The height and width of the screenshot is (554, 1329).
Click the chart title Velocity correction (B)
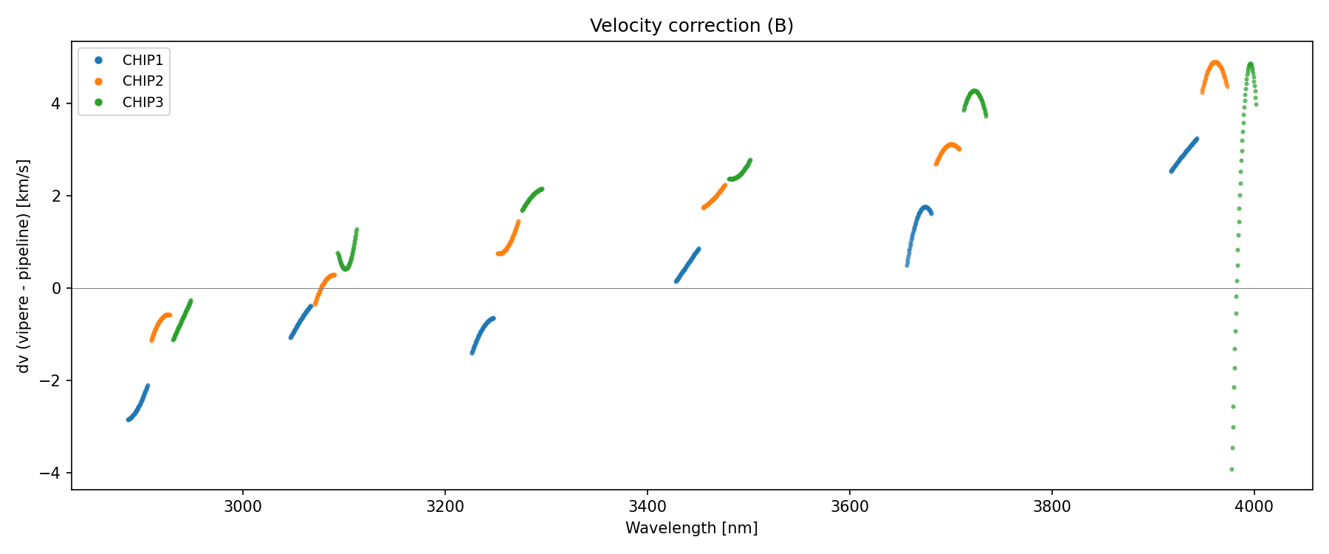(691, 26)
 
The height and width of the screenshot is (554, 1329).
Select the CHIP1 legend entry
(142, 60)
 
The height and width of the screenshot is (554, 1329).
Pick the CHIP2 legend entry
(142, 81)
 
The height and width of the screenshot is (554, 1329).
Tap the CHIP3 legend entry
(142, 103)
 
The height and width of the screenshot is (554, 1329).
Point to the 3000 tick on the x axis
(242, 507)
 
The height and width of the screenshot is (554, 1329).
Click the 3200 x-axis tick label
(444, 507)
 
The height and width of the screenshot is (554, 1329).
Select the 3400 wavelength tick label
(647, 507)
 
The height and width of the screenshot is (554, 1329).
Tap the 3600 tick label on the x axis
(849, 507)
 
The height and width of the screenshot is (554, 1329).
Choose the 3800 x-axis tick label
(1051, 507)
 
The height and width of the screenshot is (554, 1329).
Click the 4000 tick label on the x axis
(1254, 507)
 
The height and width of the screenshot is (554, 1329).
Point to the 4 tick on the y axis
(55, 103)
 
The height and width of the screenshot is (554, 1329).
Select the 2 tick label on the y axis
(55, 196)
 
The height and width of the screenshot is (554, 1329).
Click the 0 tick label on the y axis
(55, 288)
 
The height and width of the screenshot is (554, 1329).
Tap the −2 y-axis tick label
(51, 380)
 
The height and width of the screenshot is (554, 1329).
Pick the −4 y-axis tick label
(51, 473)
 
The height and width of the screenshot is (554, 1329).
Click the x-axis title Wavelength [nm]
(691, 528)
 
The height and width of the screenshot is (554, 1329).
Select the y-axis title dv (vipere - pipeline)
(24, 266)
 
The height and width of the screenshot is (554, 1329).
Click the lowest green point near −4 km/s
(1232, 469)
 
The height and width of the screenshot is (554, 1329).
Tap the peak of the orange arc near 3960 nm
(1215, 63)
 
